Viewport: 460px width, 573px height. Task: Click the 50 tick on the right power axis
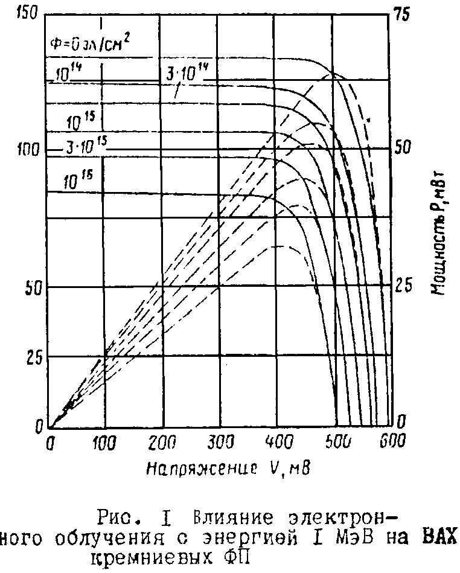coord(403,149)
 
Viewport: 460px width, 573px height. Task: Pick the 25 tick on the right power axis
coord(403,285)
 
